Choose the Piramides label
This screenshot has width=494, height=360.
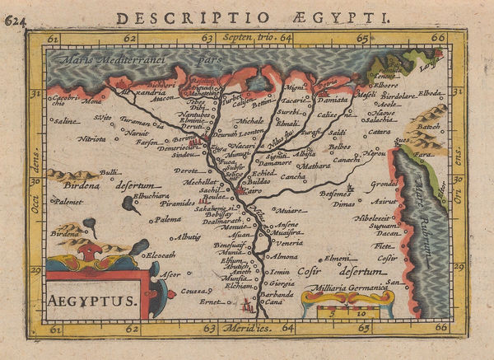coord(178,201)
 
